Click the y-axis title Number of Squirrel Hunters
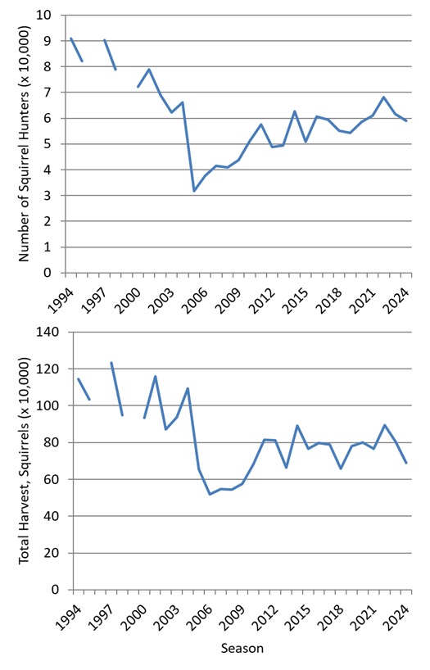pos(24,143)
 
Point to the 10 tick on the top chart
pos(54,16)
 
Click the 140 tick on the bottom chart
pos(50,333)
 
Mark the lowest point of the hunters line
pos(193,191)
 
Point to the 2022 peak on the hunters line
pos(383,97)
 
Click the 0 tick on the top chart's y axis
pos(57,273)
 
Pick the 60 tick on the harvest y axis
pos(52,479)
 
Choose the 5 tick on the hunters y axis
pos(57,144)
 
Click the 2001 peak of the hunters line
pos(148,69)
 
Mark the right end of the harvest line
pos(406,463)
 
